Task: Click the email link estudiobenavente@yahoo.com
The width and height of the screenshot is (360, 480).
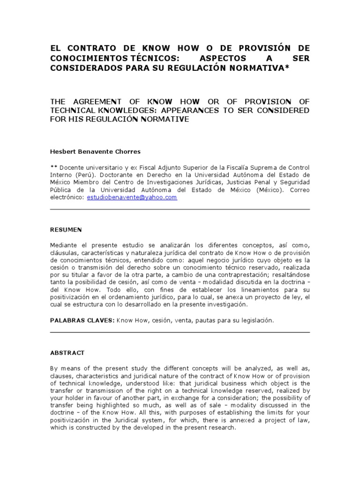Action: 132,197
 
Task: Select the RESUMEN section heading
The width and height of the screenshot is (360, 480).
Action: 66,229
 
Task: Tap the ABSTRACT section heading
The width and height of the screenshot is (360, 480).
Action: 67,352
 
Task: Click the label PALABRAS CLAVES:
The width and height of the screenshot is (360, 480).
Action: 82,320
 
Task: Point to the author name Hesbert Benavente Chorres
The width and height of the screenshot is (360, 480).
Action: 95,152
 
